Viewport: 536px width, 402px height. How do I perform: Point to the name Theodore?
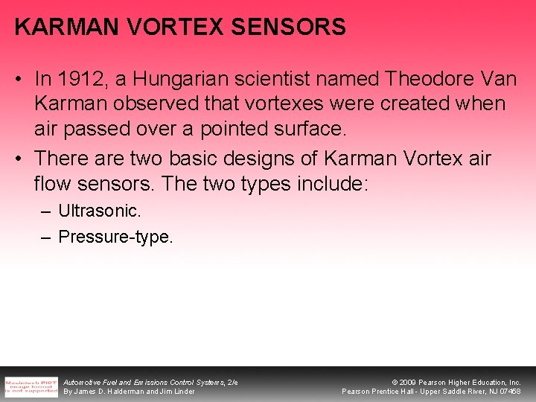tap(422, 79)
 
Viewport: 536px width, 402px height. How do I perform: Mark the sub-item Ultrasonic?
tap(99, 211)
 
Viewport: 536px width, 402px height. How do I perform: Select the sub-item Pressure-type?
tap(115, 237)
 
